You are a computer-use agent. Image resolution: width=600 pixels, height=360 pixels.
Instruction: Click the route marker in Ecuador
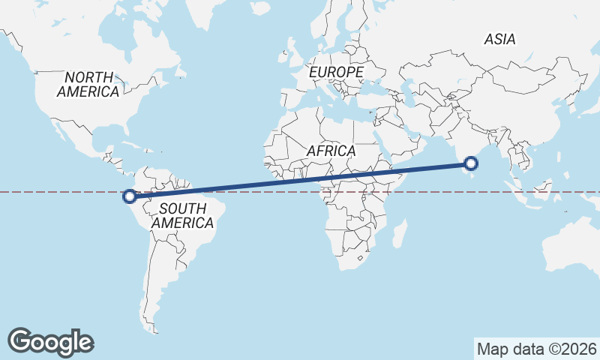pos(129,196)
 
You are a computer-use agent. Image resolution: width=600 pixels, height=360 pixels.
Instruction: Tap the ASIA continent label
pos(500,40)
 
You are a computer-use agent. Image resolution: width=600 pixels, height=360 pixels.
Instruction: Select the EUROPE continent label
pos(337,72)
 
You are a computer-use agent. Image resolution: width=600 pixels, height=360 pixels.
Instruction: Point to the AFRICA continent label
pos(331,151)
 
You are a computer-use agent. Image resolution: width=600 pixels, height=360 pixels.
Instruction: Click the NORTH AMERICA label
pos(88,84)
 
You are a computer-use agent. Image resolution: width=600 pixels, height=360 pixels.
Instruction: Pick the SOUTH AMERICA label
pos(182,215)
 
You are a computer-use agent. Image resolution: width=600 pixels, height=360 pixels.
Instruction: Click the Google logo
pos(51,341)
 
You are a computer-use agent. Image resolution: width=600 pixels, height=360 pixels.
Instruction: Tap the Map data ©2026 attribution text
pos(537,349)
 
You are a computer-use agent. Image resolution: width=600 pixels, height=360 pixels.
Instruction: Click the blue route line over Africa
pos(337,176)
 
